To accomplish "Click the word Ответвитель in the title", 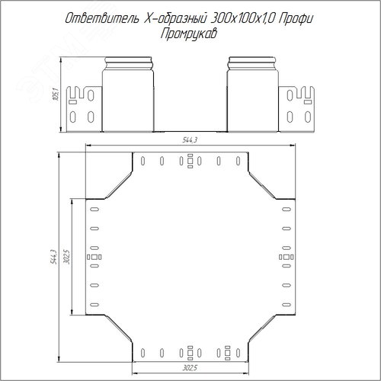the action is (x=102, y=19).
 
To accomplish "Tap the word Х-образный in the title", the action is (x=175, y=19).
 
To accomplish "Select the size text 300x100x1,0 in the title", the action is (x=242, y=19).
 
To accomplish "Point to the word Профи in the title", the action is (x=296, y=19).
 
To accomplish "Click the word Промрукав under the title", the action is (x=189, y=34).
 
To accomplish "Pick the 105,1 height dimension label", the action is (x=56, y=94).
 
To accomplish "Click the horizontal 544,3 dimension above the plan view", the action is (x=190, y=140).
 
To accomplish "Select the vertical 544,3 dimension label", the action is (x=54, y=257).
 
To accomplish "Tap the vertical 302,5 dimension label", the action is (x=67, y=257).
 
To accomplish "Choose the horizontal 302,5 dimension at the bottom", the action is (x=190, y=368).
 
